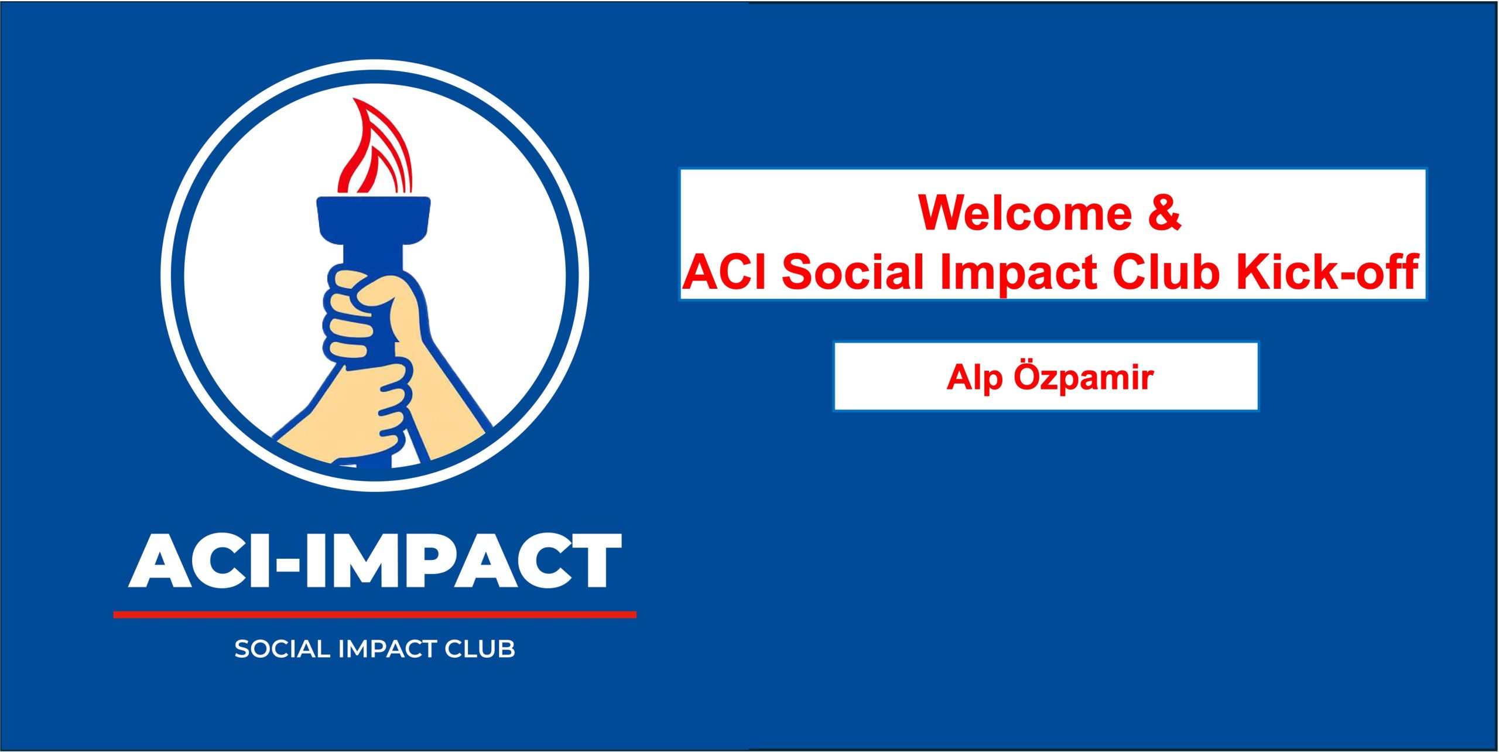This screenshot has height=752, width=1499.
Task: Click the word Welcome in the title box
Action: pyautogui.click(x=1025, y=213)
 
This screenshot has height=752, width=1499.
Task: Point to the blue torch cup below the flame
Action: pyautogui.click(x=374, y=225)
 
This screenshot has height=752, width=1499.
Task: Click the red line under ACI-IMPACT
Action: pyautogui.click(x=375, y=614)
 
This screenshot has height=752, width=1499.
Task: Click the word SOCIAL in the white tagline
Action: pyautogui.click(x=283, y=650)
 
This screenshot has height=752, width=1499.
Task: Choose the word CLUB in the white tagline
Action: pyautogui.click(x=480, y=650)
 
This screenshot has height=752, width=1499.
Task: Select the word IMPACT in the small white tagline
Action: pyautogui.click(x=388, y=650)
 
